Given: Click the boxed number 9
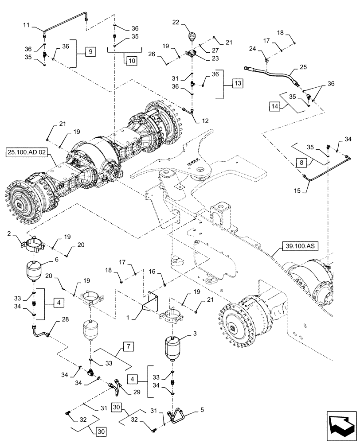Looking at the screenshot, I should [90, 52].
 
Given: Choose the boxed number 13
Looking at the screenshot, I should [238, 83].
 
